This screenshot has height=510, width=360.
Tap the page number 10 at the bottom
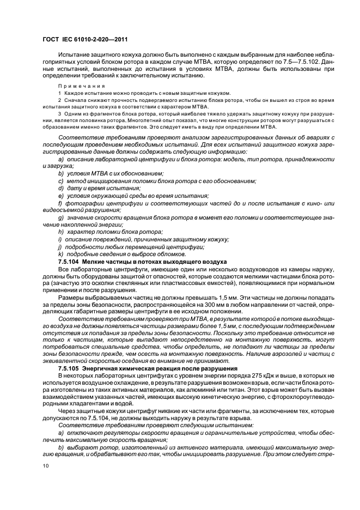coord(47,465)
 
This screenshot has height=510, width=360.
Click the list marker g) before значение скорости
coord(60,217)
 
